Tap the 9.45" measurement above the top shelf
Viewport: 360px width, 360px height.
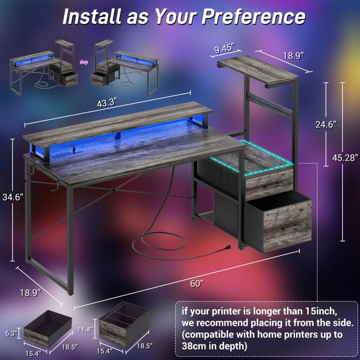click(224, 49)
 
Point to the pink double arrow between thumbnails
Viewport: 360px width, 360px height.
click(85, 63)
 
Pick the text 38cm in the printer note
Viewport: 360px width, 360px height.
click(194, 346)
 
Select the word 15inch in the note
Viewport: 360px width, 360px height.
click(312, 311)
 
